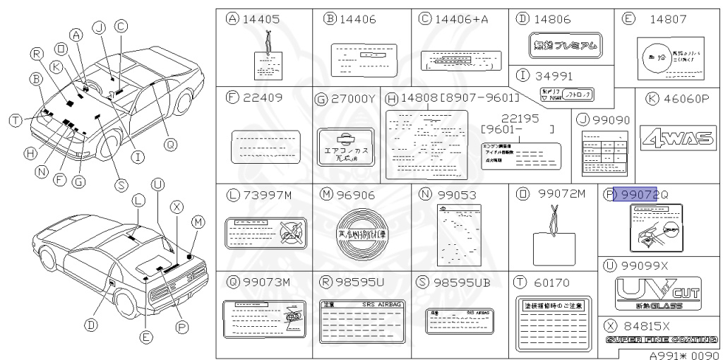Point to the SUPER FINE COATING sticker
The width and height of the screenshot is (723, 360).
[x=662, y=340]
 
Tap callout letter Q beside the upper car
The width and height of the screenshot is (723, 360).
[x=169, y=144]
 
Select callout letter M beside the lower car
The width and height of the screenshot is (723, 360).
[x=198, y=222]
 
